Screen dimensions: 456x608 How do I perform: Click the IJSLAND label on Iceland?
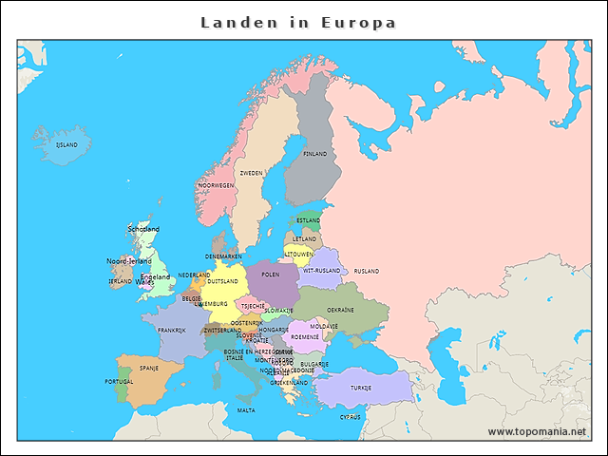click(66, 145)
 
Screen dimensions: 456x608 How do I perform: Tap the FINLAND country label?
click(314, 154)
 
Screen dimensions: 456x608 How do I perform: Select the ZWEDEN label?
click(251, 174)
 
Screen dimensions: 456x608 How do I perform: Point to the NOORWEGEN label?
click(222, 185)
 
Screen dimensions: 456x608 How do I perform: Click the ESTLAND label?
click(309, 220)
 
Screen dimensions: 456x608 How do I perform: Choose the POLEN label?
click(271, 274)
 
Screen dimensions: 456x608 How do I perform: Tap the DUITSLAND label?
click(223, 282)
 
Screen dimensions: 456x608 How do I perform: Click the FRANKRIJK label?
click(172, 331)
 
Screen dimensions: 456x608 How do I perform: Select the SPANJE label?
click(149, 368)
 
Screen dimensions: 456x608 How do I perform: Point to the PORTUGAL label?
click(120, 382)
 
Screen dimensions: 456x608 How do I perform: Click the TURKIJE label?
click(361, 388)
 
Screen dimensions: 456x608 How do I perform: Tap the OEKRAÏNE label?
click(340, 310)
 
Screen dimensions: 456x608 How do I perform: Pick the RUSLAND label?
click(366, 272)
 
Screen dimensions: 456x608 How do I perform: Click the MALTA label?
click(246, 410)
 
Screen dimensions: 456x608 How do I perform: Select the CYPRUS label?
click(350, 416)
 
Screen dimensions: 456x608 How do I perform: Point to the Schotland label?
click(143, 229)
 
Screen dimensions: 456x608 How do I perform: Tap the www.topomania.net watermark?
click(537, 431)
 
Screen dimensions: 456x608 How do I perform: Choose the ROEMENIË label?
click(305, 337)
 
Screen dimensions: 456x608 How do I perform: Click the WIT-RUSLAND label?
click(321, 271)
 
